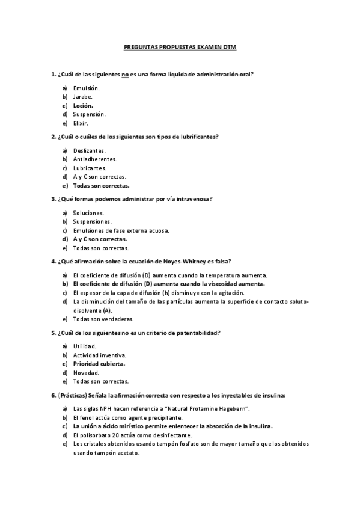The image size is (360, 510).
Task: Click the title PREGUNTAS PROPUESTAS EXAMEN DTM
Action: point(180,46)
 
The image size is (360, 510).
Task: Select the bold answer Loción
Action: point(83,105)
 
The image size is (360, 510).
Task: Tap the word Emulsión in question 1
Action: point(86,88)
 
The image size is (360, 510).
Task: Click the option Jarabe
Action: point(82,96)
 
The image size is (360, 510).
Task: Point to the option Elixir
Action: point(81,123)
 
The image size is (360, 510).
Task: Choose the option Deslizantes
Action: point(89,150)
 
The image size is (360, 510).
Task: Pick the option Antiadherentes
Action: point(94,159)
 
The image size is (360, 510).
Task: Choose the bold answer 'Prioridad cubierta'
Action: point(99,364)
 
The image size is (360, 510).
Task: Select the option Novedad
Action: point(86,372)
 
